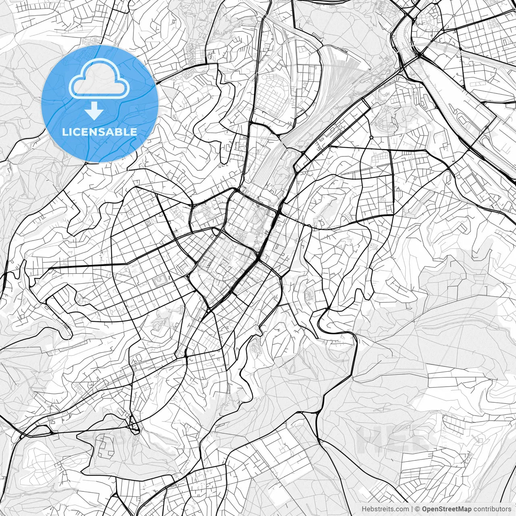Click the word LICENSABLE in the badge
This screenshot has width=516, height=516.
[x=100, y=132]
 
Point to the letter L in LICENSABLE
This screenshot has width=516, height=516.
[x=65, y=132]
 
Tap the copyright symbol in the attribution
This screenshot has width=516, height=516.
[x=418, y=509]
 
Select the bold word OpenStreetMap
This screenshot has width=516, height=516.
[x=446, y=509]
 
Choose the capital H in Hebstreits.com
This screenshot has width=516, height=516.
[x=364, y=509]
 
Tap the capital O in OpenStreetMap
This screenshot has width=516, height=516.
[x=425, y=509]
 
